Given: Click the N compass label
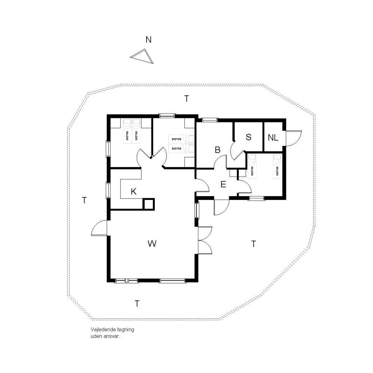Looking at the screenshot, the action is (149, 40).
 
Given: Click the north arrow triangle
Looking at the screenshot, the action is (143, 56).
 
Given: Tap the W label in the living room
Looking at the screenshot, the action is (152, 244).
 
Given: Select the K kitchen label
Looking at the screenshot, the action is (134, 192).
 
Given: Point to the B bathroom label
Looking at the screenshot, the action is (217, 150).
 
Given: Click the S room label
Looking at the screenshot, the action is (248, 137).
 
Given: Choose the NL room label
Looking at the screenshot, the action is (273, 137).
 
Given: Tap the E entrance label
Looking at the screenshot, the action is (223, 184).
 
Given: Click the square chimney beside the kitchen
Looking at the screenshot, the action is (149, 204).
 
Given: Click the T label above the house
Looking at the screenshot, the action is (187, 98).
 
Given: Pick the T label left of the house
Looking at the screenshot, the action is (84, 200).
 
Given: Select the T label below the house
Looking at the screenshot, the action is (137, 304).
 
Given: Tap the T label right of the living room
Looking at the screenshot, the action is (254, 244).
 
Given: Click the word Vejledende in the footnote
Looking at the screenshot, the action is (102, 330).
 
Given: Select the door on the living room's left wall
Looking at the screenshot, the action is (99, 228).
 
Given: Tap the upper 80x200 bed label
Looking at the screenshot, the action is (177, 139).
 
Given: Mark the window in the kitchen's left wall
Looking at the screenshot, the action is (108, 191).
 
